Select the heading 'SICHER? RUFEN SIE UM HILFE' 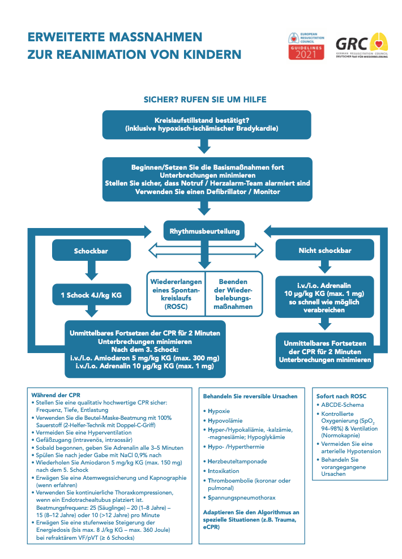[204, 100]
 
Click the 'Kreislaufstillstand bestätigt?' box [206, 125]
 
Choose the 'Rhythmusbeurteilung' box [205, 231]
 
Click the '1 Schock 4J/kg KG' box [91, 295]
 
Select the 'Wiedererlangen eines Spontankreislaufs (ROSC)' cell [175, 294]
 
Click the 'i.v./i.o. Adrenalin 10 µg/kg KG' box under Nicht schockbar [324, 298]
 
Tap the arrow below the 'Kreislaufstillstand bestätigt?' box [204, 147]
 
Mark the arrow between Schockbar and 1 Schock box [91, 273]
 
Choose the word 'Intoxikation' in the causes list [223, 471]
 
